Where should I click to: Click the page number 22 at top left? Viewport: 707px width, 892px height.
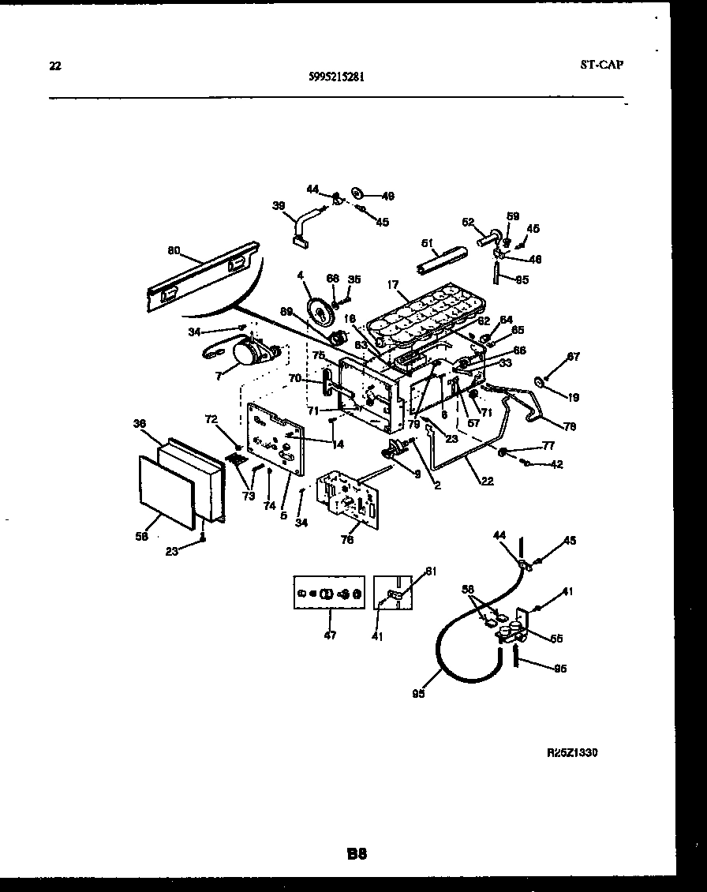tap(54, 66)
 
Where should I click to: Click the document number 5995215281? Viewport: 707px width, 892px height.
tap(337, 77)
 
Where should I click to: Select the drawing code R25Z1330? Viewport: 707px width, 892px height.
tap(572, 753)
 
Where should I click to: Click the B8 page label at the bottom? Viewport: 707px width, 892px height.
tap(356, 853)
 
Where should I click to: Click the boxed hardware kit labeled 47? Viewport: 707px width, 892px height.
tap(329, 592)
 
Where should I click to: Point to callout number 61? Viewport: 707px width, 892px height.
tap(430, 572)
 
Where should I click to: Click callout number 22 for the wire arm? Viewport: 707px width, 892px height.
tap(488, 481)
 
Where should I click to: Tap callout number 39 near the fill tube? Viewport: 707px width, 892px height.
tap(279, 206)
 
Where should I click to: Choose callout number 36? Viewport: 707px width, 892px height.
tap(140, 423)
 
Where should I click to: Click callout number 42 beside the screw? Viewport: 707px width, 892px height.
tap(556, 465)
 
